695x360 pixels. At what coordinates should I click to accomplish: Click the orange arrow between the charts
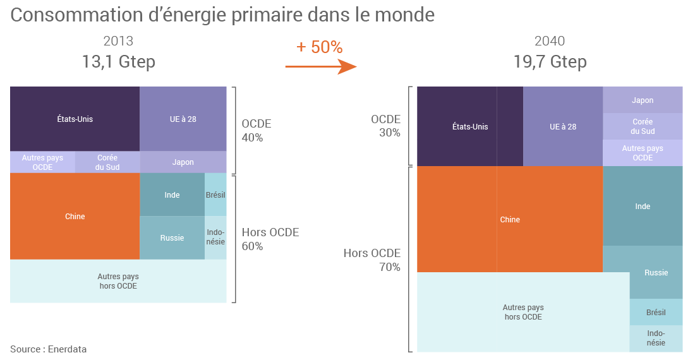coord(321,66)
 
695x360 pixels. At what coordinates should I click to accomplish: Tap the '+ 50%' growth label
coord(319,47)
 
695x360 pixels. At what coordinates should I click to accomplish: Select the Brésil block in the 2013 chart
coord(215,195)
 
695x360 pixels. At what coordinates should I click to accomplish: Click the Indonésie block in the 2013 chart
coord(215,237)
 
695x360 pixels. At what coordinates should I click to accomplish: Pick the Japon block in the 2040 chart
coord(643,100)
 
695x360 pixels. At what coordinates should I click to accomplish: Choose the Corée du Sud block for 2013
coord(107,162)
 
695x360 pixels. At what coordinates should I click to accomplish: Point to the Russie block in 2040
coord(656,272)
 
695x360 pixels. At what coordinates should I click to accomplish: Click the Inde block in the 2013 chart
coord(172,195)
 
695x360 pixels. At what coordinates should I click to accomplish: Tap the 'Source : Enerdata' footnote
coord(49,349)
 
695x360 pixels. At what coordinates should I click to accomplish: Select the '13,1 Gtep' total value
coord(118,62)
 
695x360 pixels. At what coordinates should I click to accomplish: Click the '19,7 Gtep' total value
coord(550,62)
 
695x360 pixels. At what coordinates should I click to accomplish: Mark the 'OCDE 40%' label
coord(257,131)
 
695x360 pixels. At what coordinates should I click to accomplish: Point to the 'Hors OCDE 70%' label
coord(372,260)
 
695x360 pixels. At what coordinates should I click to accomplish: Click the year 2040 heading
coord(550,42)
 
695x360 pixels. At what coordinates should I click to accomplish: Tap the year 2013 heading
coord(118,42)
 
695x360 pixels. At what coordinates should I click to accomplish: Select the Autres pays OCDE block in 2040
coord(643,153)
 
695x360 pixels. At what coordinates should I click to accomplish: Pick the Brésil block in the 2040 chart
coord(656,312)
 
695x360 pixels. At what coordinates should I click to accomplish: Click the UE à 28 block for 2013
coord(183,119)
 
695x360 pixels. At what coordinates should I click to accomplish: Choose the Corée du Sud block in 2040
coord(643,126)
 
